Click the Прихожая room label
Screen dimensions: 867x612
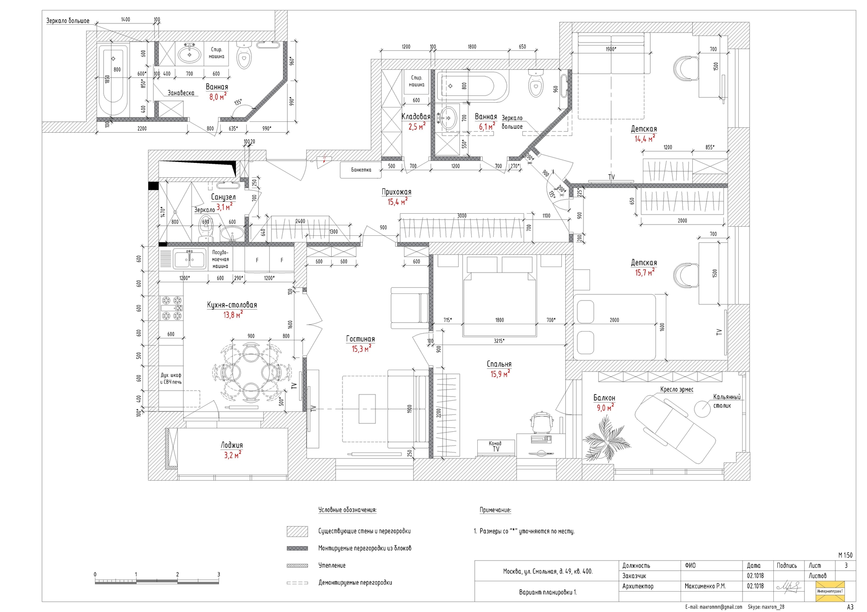point(396,192)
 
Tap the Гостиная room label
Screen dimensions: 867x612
point(360,339)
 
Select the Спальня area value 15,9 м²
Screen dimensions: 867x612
point(500,374)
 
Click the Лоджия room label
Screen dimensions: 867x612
point(231,445)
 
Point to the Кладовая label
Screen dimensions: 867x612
point(416,117)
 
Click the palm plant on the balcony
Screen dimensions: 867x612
point(606,438)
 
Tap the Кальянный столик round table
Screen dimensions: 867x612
point(703,408)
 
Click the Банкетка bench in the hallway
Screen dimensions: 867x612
point(361,170)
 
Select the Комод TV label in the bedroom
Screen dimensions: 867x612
point(495,446)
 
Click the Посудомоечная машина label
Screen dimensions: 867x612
point(220,259)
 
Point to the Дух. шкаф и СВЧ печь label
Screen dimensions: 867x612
point(171,378)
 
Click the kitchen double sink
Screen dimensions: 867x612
point(190,259)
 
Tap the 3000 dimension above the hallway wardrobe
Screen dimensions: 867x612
point(462,216)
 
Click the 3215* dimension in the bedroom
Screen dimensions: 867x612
point(499,341)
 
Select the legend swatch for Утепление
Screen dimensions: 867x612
point(297,566)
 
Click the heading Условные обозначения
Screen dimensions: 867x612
point(347,510)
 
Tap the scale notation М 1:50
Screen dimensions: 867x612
point(845,555)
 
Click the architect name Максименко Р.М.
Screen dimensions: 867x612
point(705,586)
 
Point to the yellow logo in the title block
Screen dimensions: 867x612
point(830,591)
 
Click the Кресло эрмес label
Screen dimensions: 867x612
point(677,390)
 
